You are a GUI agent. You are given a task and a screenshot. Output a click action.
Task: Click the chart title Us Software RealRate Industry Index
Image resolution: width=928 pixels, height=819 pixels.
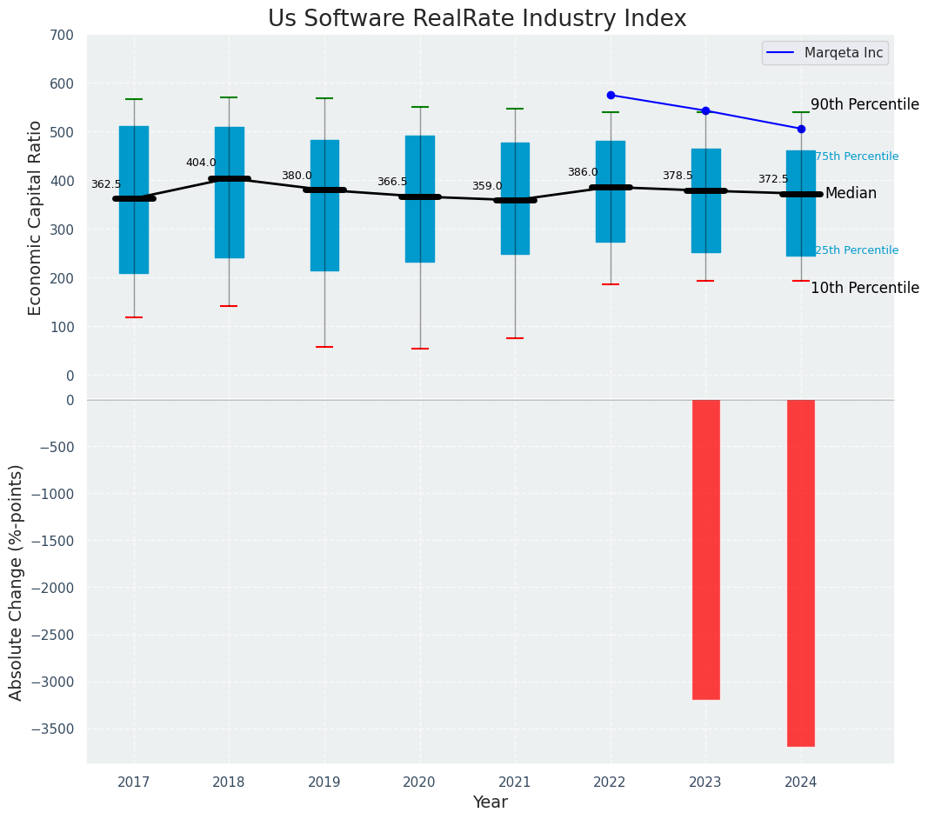pyautogui.click(x=477, y=19)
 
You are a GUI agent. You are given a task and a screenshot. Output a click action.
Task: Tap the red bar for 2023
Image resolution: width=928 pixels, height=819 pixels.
pyautogui.click(x=705, y=549)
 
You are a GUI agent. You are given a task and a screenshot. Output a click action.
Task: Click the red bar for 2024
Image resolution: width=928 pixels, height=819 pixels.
pyautogui.click(x=801, y=573)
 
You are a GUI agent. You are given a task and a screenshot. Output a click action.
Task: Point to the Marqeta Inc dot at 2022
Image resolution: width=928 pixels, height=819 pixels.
pyautogui.click(x=611, y=95)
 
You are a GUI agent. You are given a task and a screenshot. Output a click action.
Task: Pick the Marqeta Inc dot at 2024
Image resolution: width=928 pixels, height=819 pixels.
pyautogui.click(x=801, y=129)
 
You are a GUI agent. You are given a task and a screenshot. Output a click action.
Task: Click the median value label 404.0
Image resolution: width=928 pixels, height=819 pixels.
pyautogui.click(x=201, y=163)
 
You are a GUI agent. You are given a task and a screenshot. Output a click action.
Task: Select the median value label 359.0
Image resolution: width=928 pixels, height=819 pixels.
pyautogui.click(x=487, y=186)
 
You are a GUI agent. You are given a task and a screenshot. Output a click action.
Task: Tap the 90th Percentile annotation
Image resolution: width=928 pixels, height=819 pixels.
pyautogui.click(x=865, y=104)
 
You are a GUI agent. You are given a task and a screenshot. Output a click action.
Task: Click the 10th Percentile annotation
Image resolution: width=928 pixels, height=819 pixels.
pyautogui.click(x=865, y=288)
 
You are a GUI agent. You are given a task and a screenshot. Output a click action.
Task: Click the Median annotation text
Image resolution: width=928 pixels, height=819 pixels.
pyautogui.click(x=851, y=194)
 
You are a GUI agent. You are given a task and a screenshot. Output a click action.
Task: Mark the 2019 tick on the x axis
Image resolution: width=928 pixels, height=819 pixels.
pyautogui.click(x=324, y=782)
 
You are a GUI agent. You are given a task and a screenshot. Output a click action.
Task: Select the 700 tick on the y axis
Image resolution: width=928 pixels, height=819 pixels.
pyautogui.click(x=63, y=35)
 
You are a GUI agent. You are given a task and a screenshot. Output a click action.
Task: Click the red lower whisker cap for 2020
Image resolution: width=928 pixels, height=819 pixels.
pyautogui.click(x=420, y=349)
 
